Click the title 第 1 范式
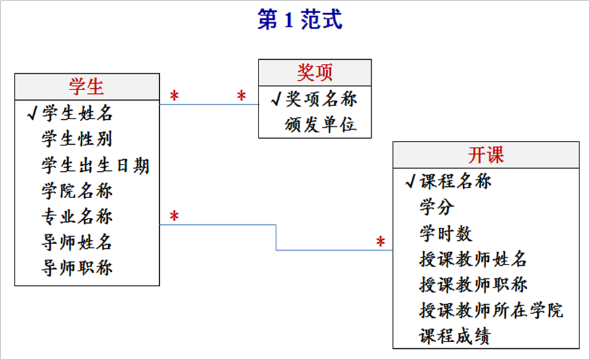coord(299,20)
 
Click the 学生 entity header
coord(87,86)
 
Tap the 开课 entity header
coord(486,155)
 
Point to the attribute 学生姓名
coord(78,114)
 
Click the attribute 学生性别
coord(78,140)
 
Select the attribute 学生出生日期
coord(95,165)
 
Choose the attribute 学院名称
coord(78,191)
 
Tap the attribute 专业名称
coord(78,217)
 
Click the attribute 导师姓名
coord(78,242)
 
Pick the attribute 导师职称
coord(78,268)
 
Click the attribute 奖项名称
coord(321,99)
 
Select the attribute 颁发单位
coord(321,124)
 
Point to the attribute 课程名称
coord(456,181)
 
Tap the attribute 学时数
coord(446,233)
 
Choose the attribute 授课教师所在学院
coord(491,310)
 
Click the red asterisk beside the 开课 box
coord(380,242)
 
